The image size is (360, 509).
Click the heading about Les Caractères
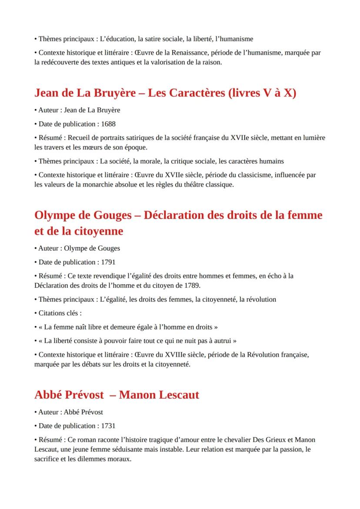click(x=165, y=93)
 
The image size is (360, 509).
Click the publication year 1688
click(x=108, y=124)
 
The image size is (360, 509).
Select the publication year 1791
click(x=108, y=262)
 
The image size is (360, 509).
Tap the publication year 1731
click(x=108, y=426)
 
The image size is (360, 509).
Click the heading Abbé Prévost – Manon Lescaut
click(x=117, y=395)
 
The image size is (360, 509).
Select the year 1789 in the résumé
click(x=193, y=286)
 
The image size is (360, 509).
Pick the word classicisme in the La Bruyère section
click(x=274, y=175)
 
